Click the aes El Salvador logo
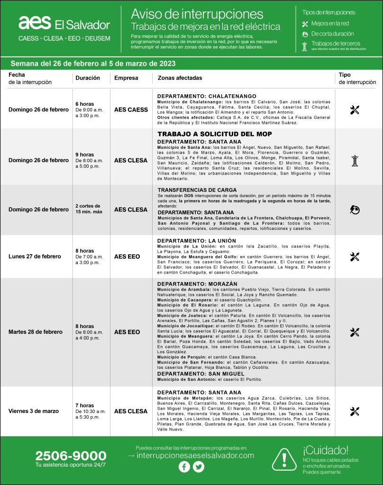coord(64,24)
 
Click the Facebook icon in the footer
coord(184,467)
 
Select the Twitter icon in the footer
coord(199,467)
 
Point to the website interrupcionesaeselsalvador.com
coord(191,455)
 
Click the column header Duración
coord(88,78)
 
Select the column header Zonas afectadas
coord(176,78)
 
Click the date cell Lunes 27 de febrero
coord(35,256)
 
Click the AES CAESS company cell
coord(131,110)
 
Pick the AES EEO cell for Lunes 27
coord(127,256)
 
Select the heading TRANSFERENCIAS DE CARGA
coord(197,190)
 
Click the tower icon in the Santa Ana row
coord(355,160)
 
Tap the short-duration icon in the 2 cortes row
coord(355,209)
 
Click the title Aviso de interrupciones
coord(197,13)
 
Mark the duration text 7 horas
coord(85,405)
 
